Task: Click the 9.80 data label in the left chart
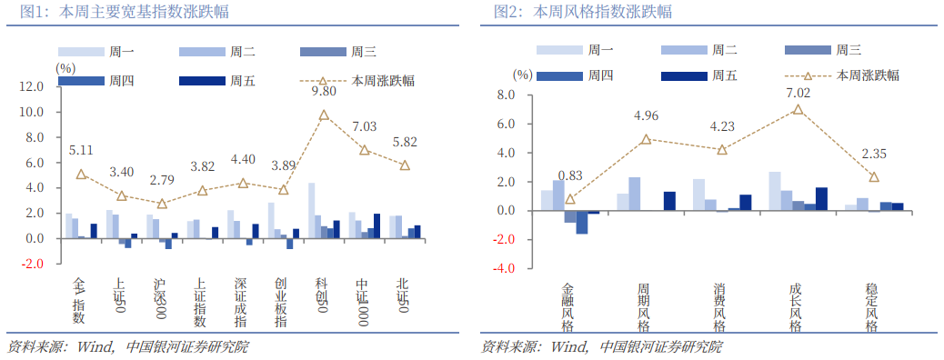pos(324,92)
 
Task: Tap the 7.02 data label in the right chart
pos(798,93)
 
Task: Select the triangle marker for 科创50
pos(324,115)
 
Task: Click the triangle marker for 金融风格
pos(570,199)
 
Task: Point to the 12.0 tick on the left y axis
pos(32,86)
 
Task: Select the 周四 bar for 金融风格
pos(582,222)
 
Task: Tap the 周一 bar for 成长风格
pos(774,191)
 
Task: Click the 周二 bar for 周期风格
pos(634,194)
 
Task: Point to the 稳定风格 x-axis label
pos(871,306)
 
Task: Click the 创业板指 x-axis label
pos(282,302)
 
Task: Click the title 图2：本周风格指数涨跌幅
pos(583,12)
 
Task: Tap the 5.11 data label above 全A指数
pos(81,151)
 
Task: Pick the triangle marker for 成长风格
pos(798,110)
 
